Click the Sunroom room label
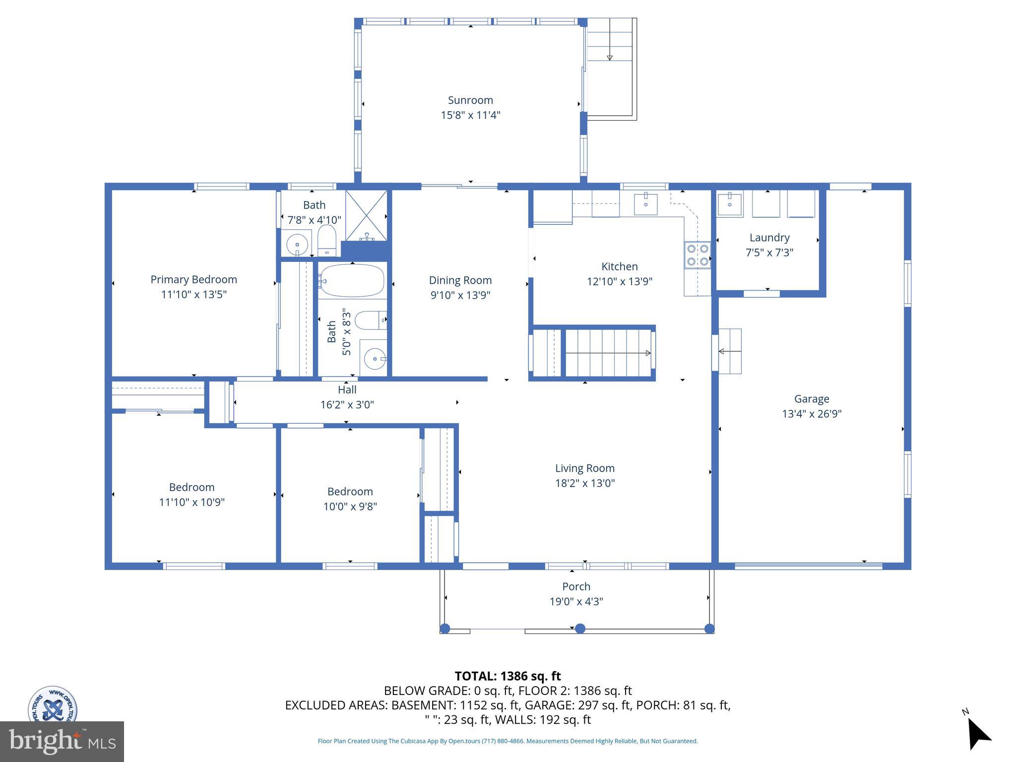click(470, 100)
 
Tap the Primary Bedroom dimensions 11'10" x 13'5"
click(193, 294)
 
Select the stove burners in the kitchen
click(697, 254)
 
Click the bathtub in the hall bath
click(352, 281)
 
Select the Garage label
click(812, 399)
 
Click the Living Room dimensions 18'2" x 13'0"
click(585, 483)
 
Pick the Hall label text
click(347, 390)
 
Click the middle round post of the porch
click(580, 629)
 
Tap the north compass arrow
click(978, 735)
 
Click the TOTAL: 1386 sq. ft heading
click(508, 676)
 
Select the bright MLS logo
click(62, 741)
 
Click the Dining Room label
click(460, 280)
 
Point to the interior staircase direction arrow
click(608, 353)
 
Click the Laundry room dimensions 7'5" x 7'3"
click(769, 253)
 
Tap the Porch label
click(576, 586)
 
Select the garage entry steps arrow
click(729, 351)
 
